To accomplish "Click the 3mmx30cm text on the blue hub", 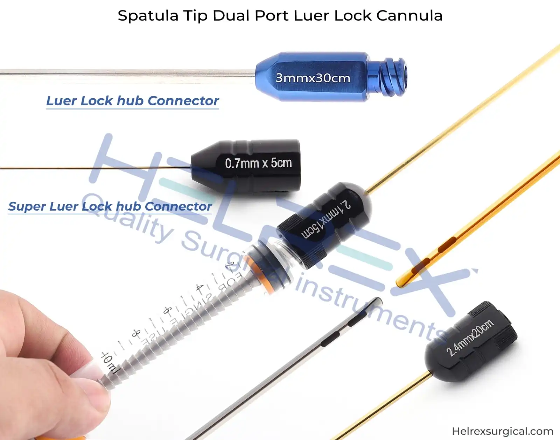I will click(x=313, y=78).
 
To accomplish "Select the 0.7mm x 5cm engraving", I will click(x=258, y=163).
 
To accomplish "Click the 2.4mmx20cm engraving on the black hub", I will click(x=470, y=338).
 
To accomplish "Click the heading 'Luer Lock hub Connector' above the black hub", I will click(x=132, y=101).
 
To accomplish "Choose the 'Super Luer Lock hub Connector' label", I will click(x=110, y=206).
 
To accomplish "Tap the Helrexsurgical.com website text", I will click(x=502, y=431).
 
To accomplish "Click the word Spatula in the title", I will click(x=148, y=16).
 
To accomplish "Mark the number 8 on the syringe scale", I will click(x=136, y=334).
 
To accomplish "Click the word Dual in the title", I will click(x=231, y=16).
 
